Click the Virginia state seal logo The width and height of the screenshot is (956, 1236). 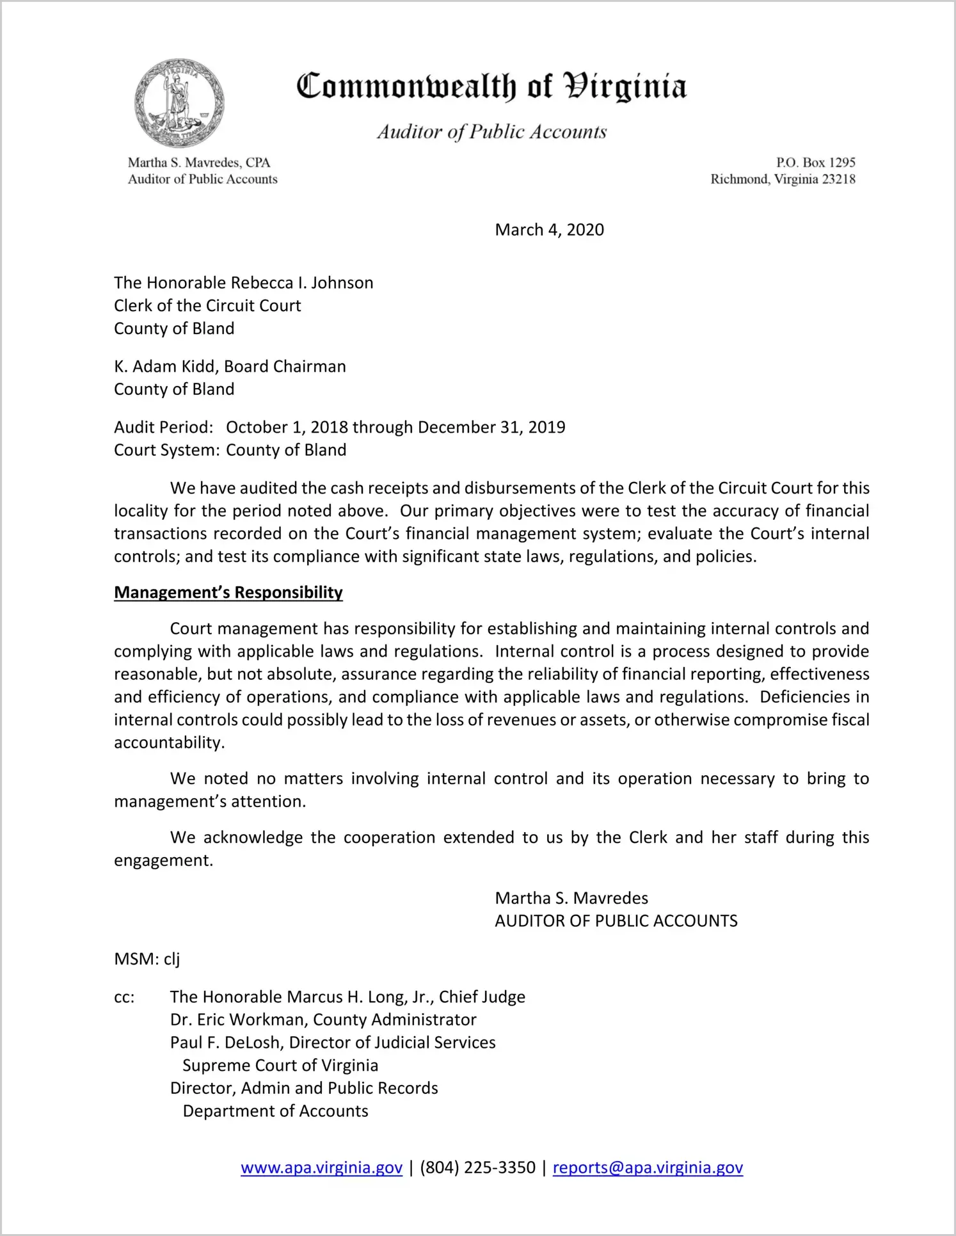[x=179, y=103]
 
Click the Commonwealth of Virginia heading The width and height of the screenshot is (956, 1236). [x=491, y=86]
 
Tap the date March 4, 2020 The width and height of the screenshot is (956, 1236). [x=549, y=230]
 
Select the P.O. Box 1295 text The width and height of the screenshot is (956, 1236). [x=815, y=163]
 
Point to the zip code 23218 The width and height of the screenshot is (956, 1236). [x=838, y=179]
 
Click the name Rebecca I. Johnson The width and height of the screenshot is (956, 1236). [x=301, y=283]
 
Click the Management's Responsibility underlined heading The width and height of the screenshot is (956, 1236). [x=228, y=593]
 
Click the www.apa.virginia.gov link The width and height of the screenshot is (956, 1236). [x=321, y=1168]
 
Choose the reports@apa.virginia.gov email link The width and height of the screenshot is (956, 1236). [x=648, y=1168]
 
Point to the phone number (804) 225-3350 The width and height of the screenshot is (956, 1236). [x=477, y=1168]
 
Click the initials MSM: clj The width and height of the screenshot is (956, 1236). [x=147, y=959]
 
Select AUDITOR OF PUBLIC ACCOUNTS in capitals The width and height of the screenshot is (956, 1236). [x=616, y=921]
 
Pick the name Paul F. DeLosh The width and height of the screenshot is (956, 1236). [x=225, y=1043]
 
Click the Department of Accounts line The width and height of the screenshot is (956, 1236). [x=275, y=1111]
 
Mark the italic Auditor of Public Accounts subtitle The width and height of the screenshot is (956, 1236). [x=491, y=132]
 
